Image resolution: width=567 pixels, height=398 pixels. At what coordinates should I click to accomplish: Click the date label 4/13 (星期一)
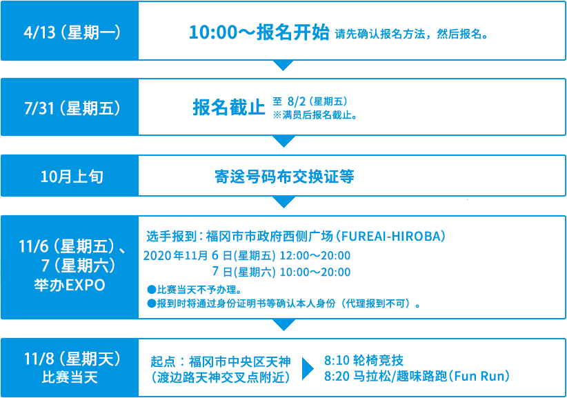point(72,32)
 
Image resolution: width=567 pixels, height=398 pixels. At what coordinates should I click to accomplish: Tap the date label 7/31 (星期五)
point(72,108)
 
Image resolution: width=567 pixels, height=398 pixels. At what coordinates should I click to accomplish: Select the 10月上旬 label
point(72,177)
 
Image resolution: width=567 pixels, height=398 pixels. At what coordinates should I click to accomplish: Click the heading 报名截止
point(229,108)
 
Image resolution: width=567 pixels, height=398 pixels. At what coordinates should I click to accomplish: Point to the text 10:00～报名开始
point(259,32)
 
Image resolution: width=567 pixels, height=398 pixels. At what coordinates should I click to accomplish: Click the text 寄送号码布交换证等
point(284,177)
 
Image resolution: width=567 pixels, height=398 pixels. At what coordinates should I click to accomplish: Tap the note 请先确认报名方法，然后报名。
point(412,34)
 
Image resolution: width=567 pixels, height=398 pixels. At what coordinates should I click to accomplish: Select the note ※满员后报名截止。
point(315,115)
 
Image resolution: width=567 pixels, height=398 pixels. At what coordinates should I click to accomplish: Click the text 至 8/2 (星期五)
point(310,101)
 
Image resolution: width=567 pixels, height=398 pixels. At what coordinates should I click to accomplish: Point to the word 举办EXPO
point(70,285)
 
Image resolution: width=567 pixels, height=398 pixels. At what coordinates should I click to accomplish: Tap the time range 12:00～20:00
point(315,256)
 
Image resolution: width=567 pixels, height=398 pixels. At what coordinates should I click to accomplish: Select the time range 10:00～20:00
point(315,272)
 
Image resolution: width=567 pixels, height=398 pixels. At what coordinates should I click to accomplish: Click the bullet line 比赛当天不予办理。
point(195,290)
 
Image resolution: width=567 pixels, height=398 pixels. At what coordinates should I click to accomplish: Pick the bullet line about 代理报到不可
point(284,304)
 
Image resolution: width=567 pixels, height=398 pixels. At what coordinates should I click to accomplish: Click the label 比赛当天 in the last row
point(70,377)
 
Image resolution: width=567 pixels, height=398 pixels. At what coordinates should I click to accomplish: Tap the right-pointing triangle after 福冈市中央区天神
point(308,369)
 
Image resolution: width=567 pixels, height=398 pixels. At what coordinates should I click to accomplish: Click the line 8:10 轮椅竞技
point(364,360)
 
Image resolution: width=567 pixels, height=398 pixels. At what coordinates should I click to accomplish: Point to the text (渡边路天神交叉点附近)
point(221,378)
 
